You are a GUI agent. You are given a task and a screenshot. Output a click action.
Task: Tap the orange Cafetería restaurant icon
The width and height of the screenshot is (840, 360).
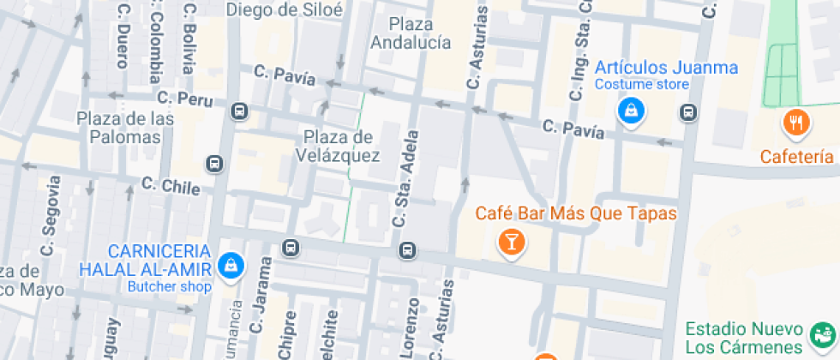tap(796, 123)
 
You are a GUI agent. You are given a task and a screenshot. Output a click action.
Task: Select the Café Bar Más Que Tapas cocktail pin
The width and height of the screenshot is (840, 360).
tap(511, 243)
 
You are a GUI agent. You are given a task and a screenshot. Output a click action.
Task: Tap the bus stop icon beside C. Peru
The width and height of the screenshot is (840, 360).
tap(239, 111)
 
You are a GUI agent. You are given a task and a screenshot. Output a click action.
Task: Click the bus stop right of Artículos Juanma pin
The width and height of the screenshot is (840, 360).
tap(687, 111)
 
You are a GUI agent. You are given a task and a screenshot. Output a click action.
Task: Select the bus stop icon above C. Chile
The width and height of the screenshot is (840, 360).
tap(214, 163)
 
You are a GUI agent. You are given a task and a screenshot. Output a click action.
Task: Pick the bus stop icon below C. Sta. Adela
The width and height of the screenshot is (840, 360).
tap(407, 250)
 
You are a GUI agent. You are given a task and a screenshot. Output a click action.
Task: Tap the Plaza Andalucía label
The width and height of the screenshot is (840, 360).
tap(411, 33)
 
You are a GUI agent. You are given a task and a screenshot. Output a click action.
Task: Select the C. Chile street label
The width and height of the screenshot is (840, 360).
tap(171, 185)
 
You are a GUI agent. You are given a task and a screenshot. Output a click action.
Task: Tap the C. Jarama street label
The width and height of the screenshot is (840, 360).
tap(260, 302)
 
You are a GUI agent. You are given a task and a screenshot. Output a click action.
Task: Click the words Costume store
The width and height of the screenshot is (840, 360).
tap(642, 84)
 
